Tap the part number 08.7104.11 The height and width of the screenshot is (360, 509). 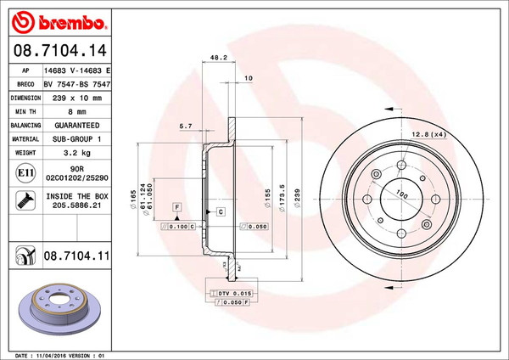coord(77,255)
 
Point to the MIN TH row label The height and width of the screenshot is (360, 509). coord(25,110)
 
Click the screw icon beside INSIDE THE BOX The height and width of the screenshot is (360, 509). coord(25,200)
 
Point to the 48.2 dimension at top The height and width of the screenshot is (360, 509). coord(216,58)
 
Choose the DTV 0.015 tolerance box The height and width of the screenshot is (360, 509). coord(230,292)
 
